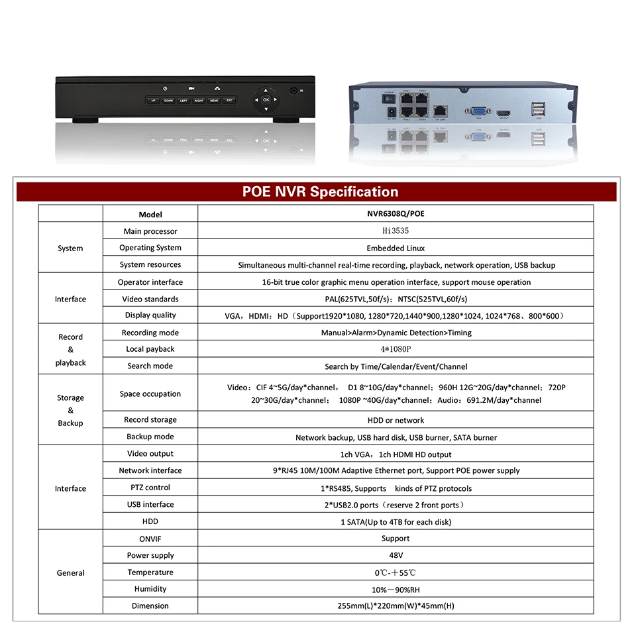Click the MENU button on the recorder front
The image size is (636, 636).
(215, 101)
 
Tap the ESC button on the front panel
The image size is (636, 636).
(229, 101)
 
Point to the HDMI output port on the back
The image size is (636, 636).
(505, 112)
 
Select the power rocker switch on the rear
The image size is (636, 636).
(389, 99)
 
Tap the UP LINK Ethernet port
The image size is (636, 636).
(441, 109)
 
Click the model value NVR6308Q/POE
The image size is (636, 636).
(396, 214)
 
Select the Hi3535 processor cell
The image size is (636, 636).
(396, 231)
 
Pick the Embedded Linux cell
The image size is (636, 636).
(396, 248)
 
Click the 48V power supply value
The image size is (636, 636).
(396, 555)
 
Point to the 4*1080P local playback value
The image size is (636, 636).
(396, 349)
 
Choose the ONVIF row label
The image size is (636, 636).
(150, 539)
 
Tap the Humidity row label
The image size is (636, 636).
(150, 589)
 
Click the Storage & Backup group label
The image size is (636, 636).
(70, 410)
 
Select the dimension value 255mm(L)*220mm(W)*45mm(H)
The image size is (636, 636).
(396, 606)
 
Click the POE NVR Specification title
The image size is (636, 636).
(320, 192)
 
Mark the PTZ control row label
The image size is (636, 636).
(150, 488)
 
